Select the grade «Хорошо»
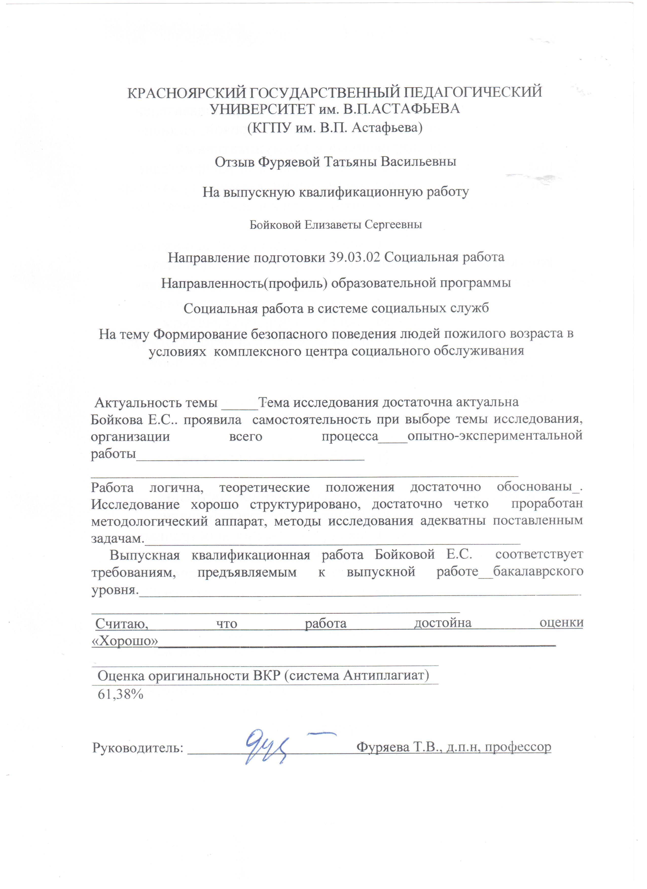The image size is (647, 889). [x=125, y=641]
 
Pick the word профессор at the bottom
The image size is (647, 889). [x=517, y=747]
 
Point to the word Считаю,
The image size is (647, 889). [x=122, y=623]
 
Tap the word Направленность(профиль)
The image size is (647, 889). [x=244, y=283]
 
